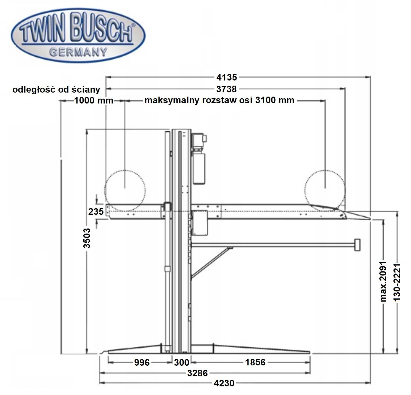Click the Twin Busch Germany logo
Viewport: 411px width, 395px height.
click(78, 35)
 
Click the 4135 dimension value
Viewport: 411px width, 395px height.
click(226, 78)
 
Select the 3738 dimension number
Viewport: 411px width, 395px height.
click(226, 89)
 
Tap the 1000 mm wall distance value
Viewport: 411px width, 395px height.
click(94, 100)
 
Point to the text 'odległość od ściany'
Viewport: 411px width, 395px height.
click(56, 90)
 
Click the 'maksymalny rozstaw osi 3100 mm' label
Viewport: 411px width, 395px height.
click(219, 100)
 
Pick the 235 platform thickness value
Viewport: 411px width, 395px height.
click(96, 211)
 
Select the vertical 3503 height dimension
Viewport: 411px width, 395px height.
click(87, 238)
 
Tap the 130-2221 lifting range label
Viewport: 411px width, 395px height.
click(397, 282)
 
